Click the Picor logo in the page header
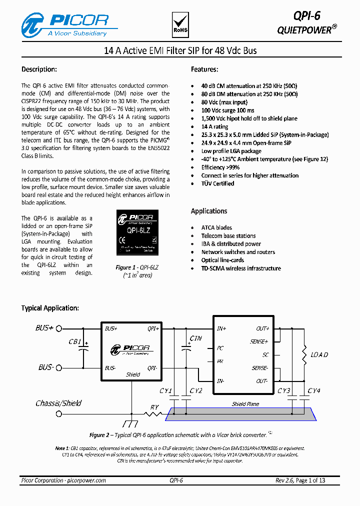click(x=65, y=24)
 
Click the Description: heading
click(x=39, y=69)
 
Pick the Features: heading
click(x=204, y=69)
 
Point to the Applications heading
click(x=209, y=211)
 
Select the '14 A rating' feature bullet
click(x=214, y=127)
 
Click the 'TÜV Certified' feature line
click(x=217, y=183)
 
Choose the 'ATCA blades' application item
click(x=216, y=228)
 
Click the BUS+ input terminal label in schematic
click(x=44, y=328)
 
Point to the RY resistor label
click(x=154, y=407)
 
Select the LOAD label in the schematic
click(x=319, y=355)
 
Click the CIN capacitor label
click(x=195, y=338)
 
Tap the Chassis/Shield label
click(x=58, y=403)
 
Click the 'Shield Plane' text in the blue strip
click(x=245, y=404)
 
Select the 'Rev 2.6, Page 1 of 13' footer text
click(x=300, y=480)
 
